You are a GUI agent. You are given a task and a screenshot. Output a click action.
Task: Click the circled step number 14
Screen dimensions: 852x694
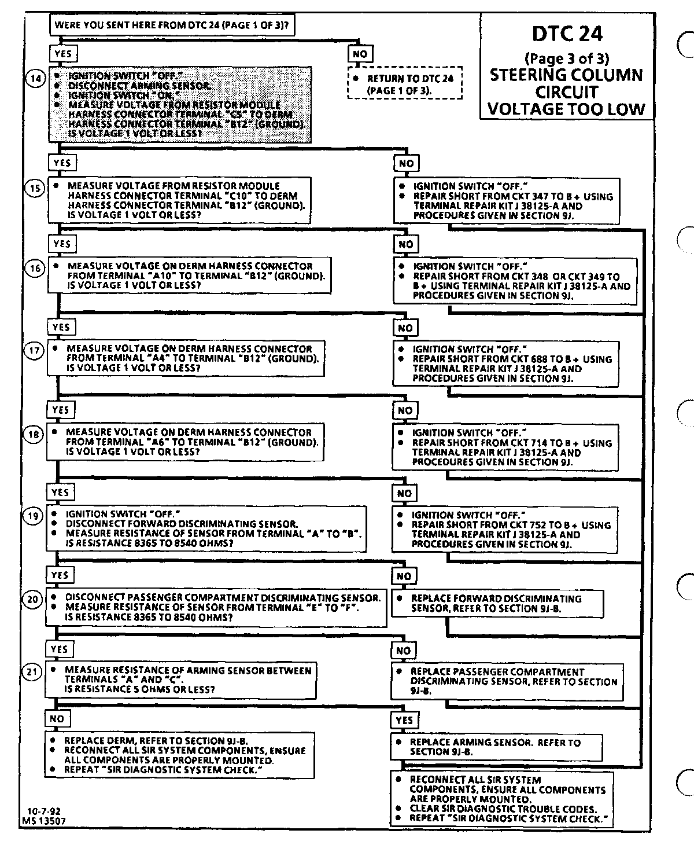point(35,79)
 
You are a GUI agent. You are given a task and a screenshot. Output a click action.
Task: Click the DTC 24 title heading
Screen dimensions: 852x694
point(566,34)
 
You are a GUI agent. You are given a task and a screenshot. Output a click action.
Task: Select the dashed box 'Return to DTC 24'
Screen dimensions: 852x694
point(405,84)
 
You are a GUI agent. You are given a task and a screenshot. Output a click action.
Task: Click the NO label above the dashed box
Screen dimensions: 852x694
point(359,54)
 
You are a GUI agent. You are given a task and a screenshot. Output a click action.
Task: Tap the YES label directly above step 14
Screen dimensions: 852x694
point(62,54)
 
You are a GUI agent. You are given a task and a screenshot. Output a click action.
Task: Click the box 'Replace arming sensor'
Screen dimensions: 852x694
point(496,747)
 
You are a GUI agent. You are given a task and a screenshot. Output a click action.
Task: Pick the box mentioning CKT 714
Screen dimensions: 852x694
point(505,447)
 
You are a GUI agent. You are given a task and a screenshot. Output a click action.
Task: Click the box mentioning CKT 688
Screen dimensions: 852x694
point(505,363)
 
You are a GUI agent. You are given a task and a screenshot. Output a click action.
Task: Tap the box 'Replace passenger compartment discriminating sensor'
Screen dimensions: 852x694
point(507,681)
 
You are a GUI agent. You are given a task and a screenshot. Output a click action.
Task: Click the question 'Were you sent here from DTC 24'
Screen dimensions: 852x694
point(172,25)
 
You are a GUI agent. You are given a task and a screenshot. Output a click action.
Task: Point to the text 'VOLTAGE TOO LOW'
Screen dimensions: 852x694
point(566,109)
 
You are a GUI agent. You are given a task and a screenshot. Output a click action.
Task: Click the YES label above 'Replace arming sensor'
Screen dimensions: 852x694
point(404,720)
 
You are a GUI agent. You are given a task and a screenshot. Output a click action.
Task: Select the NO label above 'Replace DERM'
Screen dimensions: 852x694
point(57,719)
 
